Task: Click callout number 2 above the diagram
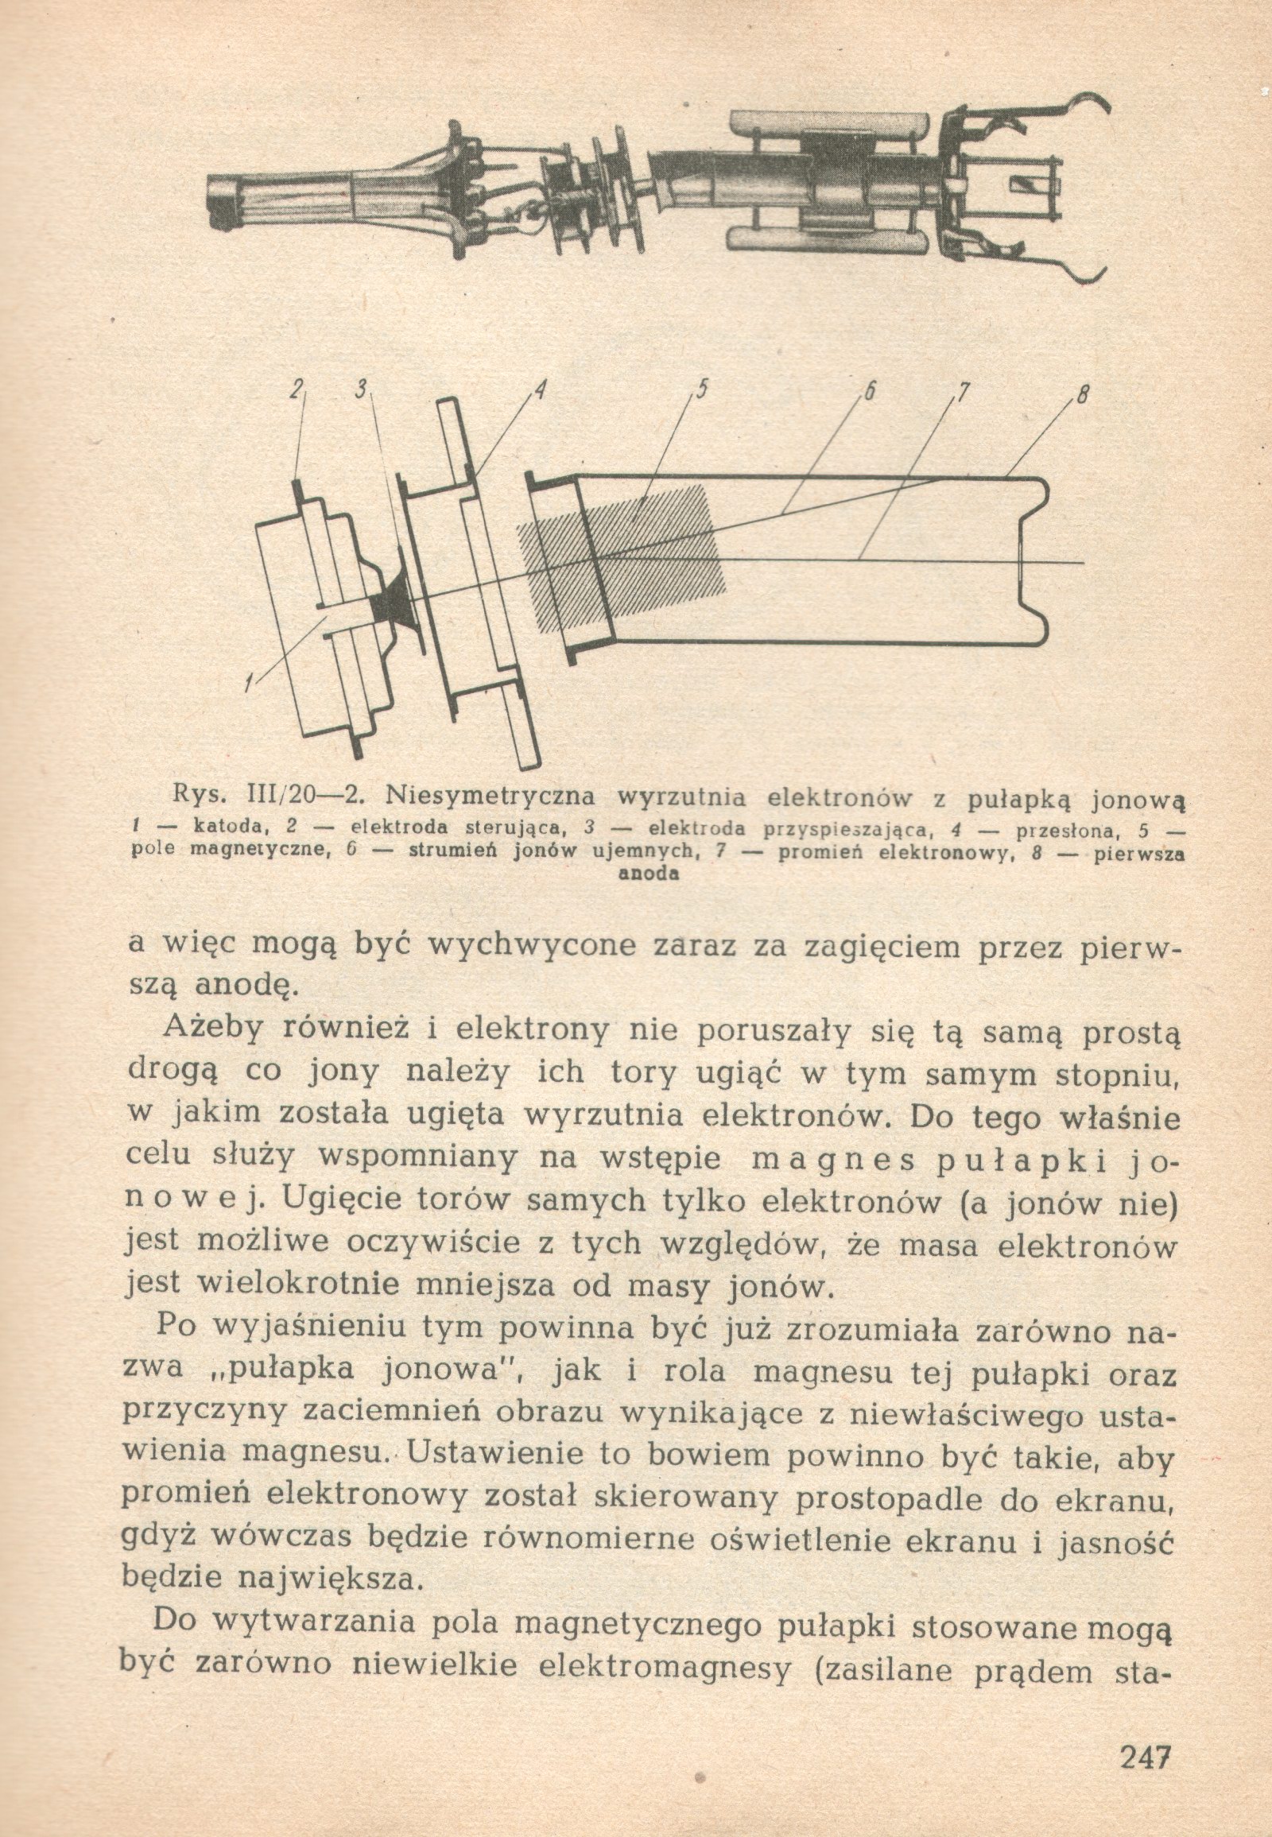(x=296, y=390)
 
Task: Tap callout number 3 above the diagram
(x=363, y=389)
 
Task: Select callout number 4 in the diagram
(x=540, y=390)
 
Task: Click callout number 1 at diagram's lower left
(x=250, y=681)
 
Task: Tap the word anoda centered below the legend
(x=649, y=873)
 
